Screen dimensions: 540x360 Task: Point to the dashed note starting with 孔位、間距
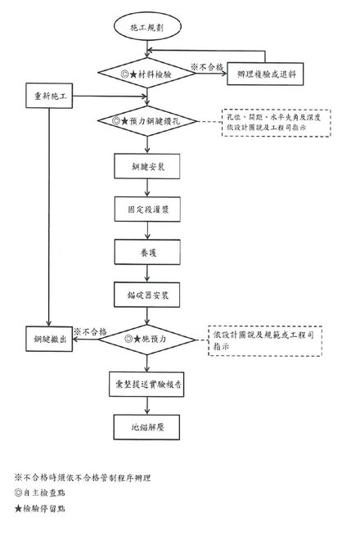click(x=277, y=122)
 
